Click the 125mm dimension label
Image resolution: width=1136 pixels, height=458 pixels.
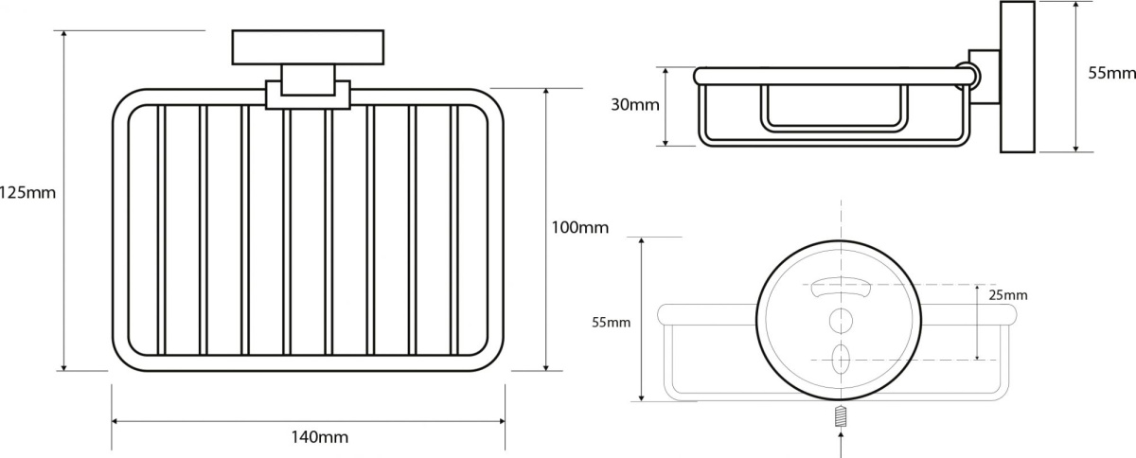pyautogui.click(x=27, y=193)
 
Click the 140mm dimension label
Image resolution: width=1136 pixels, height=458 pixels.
pyautogui.click(x=320, y=436)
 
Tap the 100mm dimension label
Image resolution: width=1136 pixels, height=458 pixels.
pyautogui.click(x=579, y=227)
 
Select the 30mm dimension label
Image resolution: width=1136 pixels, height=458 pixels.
pyautogui.click(x=635, y=105)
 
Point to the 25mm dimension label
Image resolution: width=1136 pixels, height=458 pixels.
pyautogui.click(x=1007, y=295)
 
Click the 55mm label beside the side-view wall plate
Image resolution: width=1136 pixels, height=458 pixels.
pyautogui.click(x=1111, y=73)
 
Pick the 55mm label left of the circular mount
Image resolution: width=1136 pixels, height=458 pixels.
pyautogui.click(x=612, y=323)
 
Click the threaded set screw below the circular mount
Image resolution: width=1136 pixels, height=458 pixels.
pyautogui.click(x=842, y=416)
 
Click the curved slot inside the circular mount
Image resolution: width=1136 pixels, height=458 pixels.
pyautogui.click(x=841, y=290)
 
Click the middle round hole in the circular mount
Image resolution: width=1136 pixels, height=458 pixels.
pyautogui.click(x=841, y=321)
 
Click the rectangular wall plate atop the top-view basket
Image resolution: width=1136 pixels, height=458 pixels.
pyautogui.click(x=308, y=47)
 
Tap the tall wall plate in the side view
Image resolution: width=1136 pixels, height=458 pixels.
pyautogui.click(x=1018, y=77)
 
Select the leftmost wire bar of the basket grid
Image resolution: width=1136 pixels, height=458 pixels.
pyautogui.click(x=162, y=230)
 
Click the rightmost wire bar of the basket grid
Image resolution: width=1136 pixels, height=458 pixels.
pyautogui.click(x=454, y=230)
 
